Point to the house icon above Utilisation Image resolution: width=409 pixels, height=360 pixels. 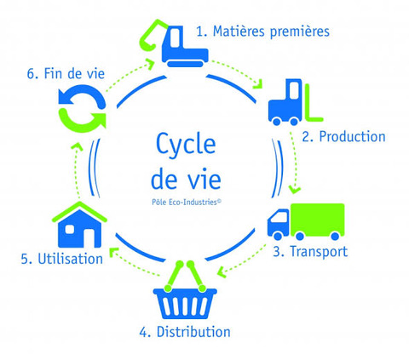tap(79, 225)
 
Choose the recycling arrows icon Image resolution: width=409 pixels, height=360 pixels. tap(82, 108)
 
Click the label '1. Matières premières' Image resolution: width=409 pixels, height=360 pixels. tap(262, 31)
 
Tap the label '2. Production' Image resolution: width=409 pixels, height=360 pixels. tap(343, 137)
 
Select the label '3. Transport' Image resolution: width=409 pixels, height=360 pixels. tap(310, 252)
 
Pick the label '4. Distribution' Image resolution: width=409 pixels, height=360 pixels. tap(185, 332)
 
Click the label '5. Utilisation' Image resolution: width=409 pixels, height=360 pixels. tap(62, 259)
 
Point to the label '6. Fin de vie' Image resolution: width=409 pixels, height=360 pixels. tap(66, 74)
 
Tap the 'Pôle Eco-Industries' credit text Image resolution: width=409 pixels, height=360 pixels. tap(187, 202)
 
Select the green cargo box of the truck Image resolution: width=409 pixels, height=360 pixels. tap(318, 220)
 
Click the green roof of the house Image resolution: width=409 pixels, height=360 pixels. tap(79, 211)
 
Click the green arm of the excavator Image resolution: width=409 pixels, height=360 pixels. tap(152, 33)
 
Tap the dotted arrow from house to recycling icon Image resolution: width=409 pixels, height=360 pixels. tap(76, 170)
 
